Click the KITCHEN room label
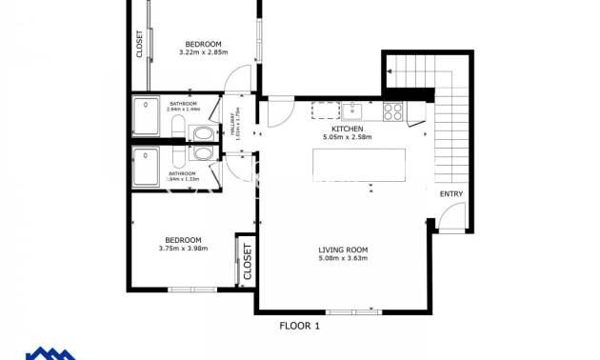[347, 130]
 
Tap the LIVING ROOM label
[343, 250]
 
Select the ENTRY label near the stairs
[450, 194]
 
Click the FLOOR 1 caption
[299, 326]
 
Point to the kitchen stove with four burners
[392, 110]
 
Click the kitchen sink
[351, 110]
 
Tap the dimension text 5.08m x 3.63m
[343, 259]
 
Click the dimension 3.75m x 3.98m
[183, 249]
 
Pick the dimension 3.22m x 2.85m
[203, 52]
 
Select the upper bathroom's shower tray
[146, 116]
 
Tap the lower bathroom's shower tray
[146, 168]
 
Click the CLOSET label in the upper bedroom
[140, 44]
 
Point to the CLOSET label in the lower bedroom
[247, 258]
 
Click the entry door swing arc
[450, 222]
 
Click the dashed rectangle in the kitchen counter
[325, 110]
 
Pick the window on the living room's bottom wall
[351, 311]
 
